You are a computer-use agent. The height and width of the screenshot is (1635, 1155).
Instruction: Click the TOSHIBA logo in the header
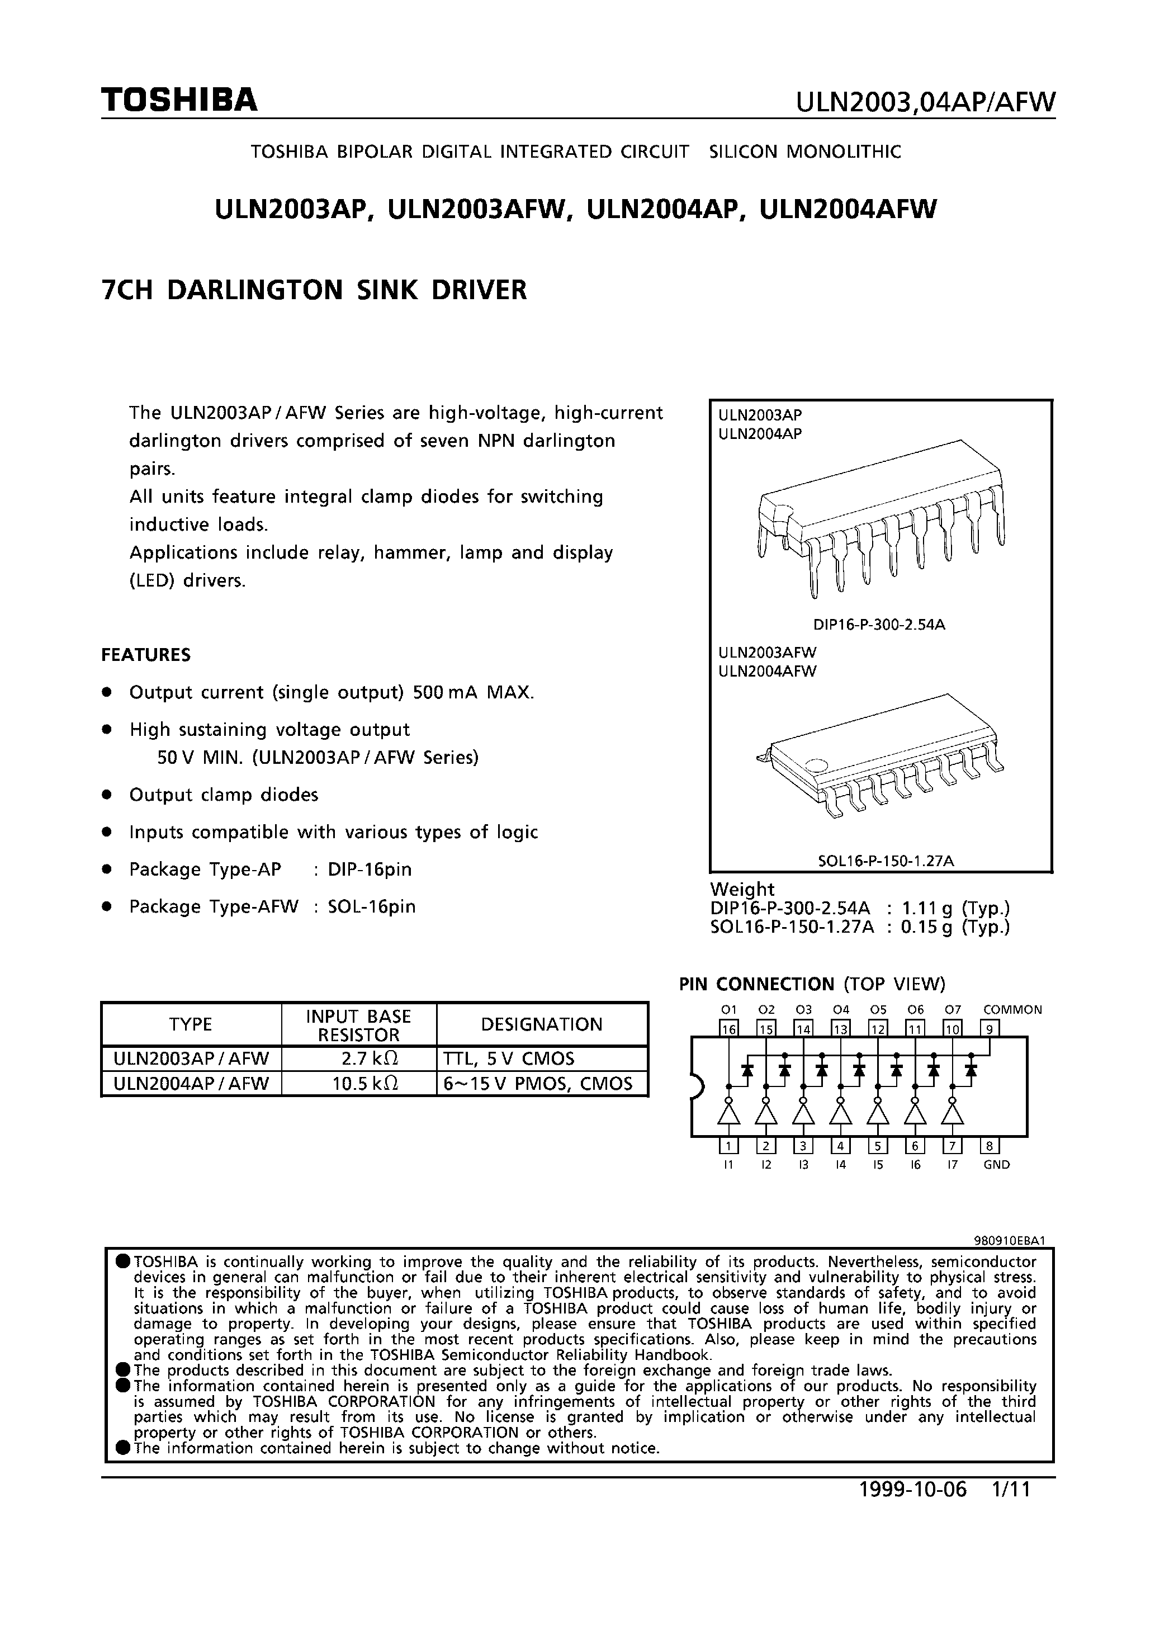(x=179, y=101)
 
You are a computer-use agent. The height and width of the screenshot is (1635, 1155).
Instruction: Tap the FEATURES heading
(x=146, y=654)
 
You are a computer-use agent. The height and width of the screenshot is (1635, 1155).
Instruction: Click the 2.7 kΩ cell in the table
(x=359, y=1058)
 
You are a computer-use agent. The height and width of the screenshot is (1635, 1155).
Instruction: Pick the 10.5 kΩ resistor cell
(x=359, y=1083)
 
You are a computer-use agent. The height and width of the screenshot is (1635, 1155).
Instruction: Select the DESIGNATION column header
(x=541, y=1024)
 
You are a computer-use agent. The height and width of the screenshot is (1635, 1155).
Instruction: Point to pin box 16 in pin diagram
(x=728, y=1028)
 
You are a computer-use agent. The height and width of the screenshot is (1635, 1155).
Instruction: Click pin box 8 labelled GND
(x=990, y=1146)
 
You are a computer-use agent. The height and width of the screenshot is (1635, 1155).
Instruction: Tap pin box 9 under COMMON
(x=990, y=1028)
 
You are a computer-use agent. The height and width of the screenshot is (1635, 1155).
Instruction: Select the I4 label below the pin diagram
(x=840, y=1165)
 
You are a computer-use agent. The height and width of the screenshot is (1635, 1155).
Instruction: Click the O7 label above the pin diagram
(x=952, y=1010)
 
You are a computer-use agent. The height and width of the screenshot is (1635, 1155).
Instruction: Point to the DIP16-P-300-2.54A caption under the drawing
(x=879, y=625)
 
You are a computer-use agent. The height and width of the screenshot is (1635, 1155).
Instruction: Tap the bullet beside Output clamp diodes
(x=107, y=794)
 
